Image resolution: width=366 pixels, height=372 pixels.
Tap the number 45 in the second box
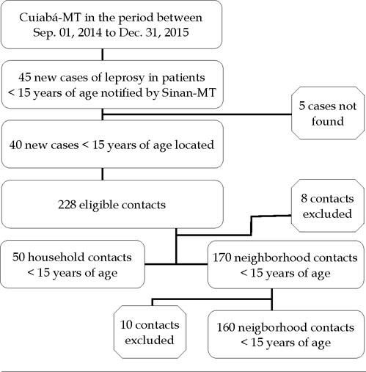pos(25,77)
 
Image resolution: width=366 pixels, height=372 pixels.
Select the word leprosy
pos(125,79)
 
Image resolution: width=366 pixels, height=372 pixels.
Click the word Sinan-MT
pos(189,92)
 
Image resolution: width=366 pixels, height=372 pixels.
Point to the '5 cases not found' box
pos(328,113)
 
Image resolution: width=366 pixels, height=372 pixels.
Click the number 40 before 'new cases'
pos(16,145)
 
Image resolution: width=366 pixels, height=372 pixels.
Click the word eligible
pos(98,205)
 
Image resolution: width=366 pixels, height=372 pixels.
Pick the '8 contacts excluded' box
pos(327,205)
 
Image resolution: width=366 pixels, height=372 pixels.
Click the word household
pos(55,258)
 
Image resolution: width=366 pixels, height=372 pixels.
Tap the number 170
pos(222,258)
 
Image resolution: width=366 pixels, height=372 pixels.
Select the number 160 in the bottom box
pos(226,327)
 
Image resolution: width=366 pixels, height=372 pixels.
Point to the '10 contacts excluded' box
pos(150,332)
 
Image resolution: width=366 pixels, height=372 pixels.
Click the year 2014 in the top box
pos(89,32)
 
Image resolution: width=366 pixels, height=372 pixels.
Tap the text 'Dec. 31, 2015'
pos(154,32)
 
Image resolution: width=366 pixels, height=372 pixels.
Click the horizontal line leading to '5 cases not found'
pos(197,114)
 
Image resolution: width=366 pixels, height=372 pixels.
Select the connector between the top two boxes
pos(102,54)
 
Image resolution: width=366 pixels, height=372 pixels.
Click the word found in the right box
pos(328,121)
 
